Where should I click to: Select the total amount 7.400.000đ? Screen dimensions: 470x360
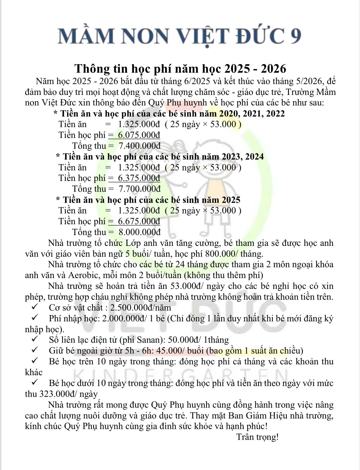click(139, 146)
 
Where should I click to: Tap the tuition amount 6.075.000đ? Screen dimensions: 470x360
click(139, 135)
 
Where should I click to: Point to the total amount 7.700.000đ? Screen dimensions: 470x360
click(139, 189)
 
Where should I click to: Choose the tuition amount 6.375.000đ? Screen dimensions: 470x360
click(139, 178)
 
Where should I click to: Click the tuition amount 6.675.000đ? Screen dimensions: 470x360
click(139, 221)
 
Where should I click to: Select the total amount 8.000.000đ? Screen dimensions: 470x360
click(139, 232)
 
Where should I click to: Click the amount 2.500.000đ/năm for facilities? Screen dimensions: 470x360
click(141, 308)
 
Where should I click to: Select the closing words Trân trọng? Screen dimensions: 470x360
click(257, 437)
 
